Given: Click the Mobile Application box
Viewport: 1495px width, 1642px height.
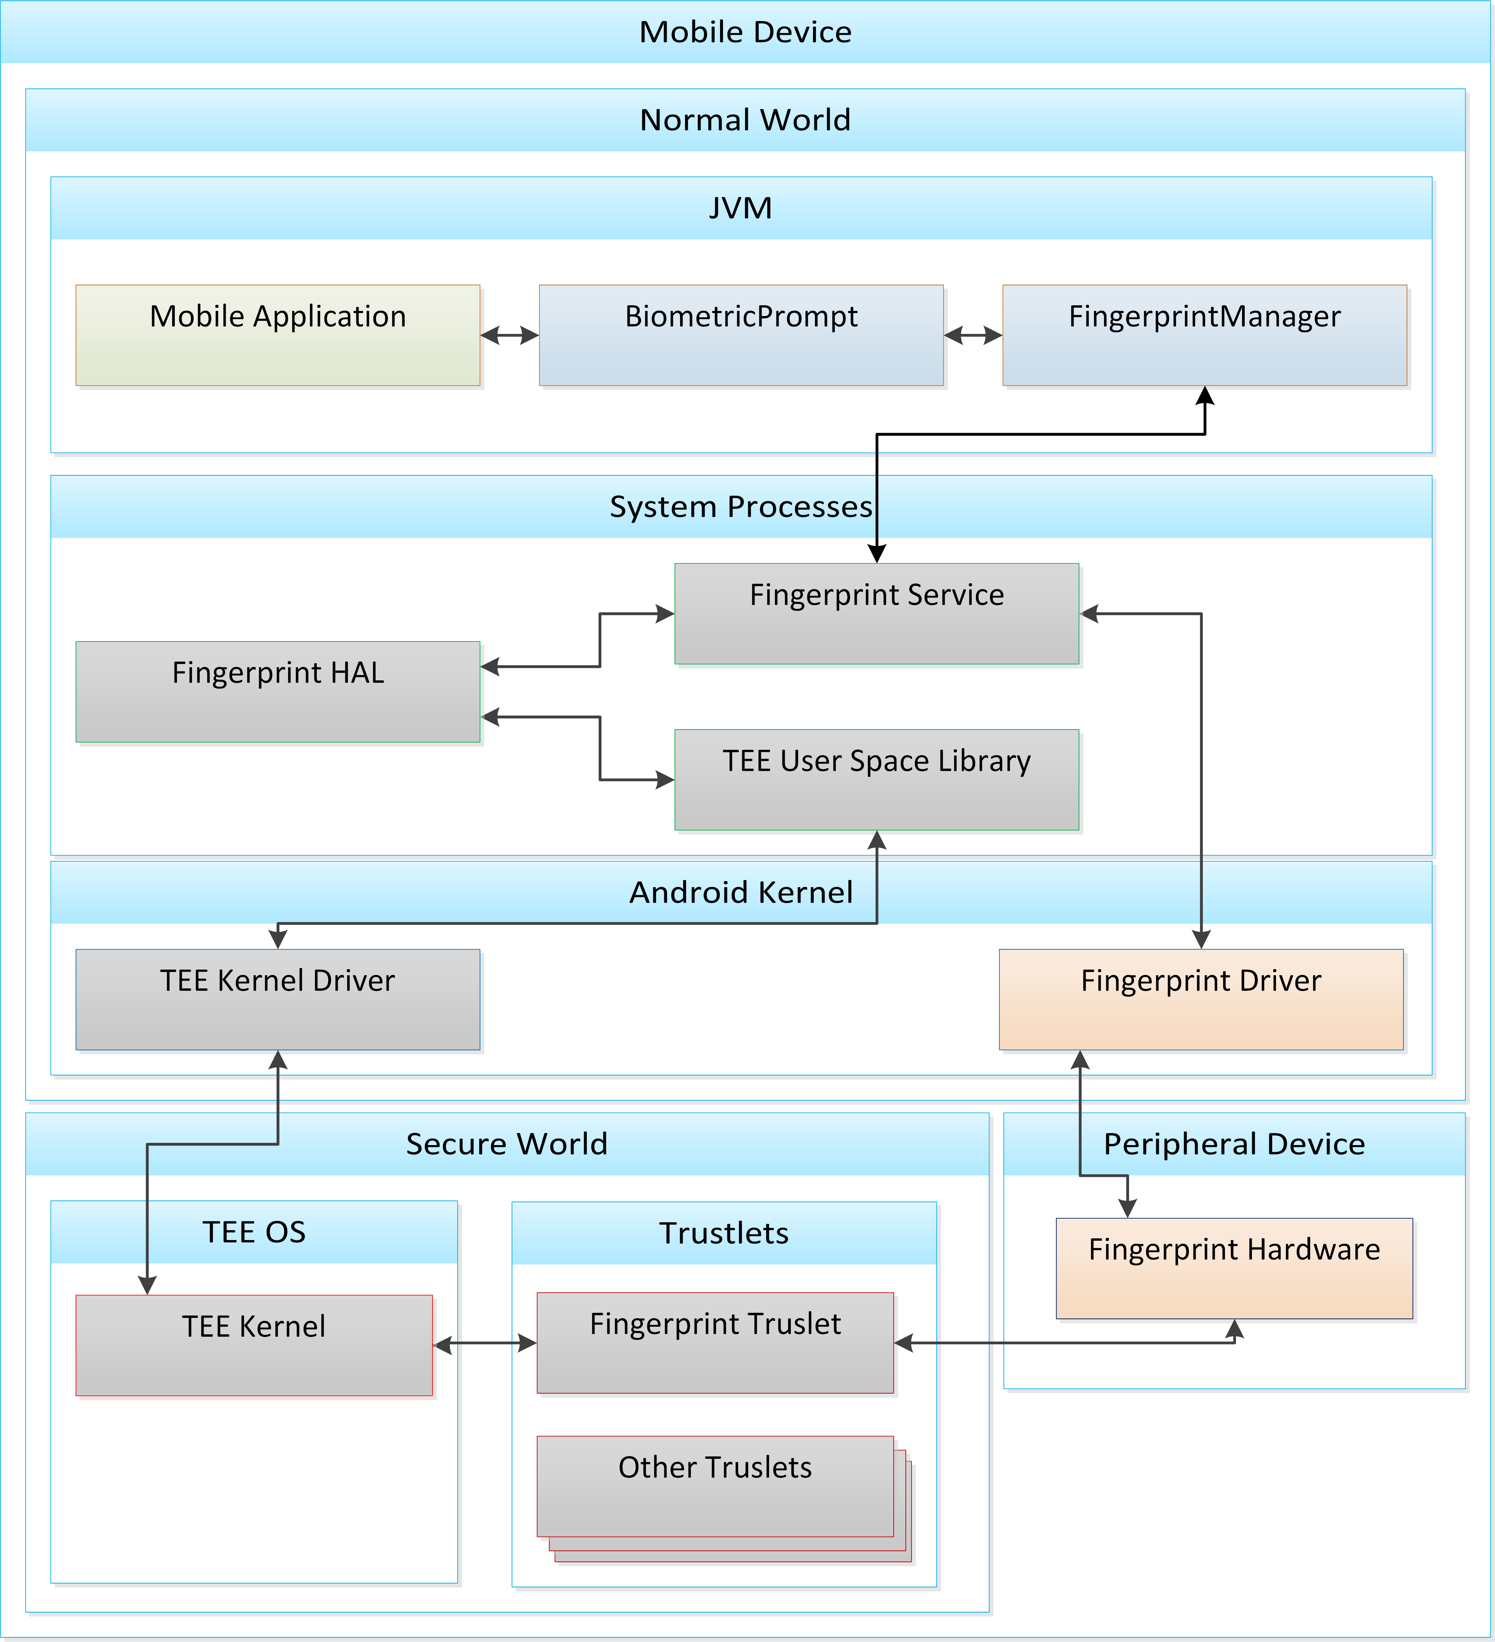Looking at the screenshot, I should (278, 335).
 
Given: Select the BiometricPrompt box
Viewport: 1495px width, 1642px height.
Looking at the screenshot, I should (741, 335).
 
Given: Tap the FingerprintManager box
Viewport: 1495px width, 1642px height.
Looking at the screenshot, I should (1204, 335).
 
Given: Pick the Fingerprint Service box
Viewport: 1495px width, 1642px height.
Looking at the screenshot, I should (876, 613).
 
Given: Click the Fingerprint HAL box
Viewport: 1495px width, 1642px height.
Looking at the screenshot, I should (278, 691).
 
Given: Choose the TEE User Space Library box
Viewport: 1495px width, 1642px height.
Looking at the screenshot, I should (876, 779).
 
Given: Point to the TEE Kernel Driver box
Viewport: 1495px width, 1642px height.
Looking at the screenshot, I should (278, 999).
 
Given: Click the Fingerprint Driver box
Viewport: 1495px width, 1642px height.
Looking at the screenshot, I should (1201, 999).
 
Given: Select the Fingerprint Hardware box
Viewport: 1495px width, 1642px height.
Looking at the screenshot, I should (1234, 1268).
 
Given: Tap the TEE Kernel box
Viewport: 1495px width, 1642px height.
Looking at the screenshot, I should (254, 1345).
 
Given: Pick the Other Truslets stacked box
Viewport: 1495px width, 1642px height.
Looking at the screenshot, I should (715, 1486).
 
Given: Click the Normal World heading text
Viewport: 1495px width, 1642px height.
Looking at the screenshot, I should (745, 120).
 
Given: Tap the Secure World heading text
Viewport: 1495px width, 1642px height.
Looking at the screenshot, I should (507, 1143).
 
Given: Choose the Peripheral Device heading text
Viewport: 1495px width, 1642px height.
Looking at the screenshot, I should (1234, 1143).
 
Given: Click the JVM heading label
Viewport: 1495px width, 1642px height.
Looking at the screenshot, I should (740, 208).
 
